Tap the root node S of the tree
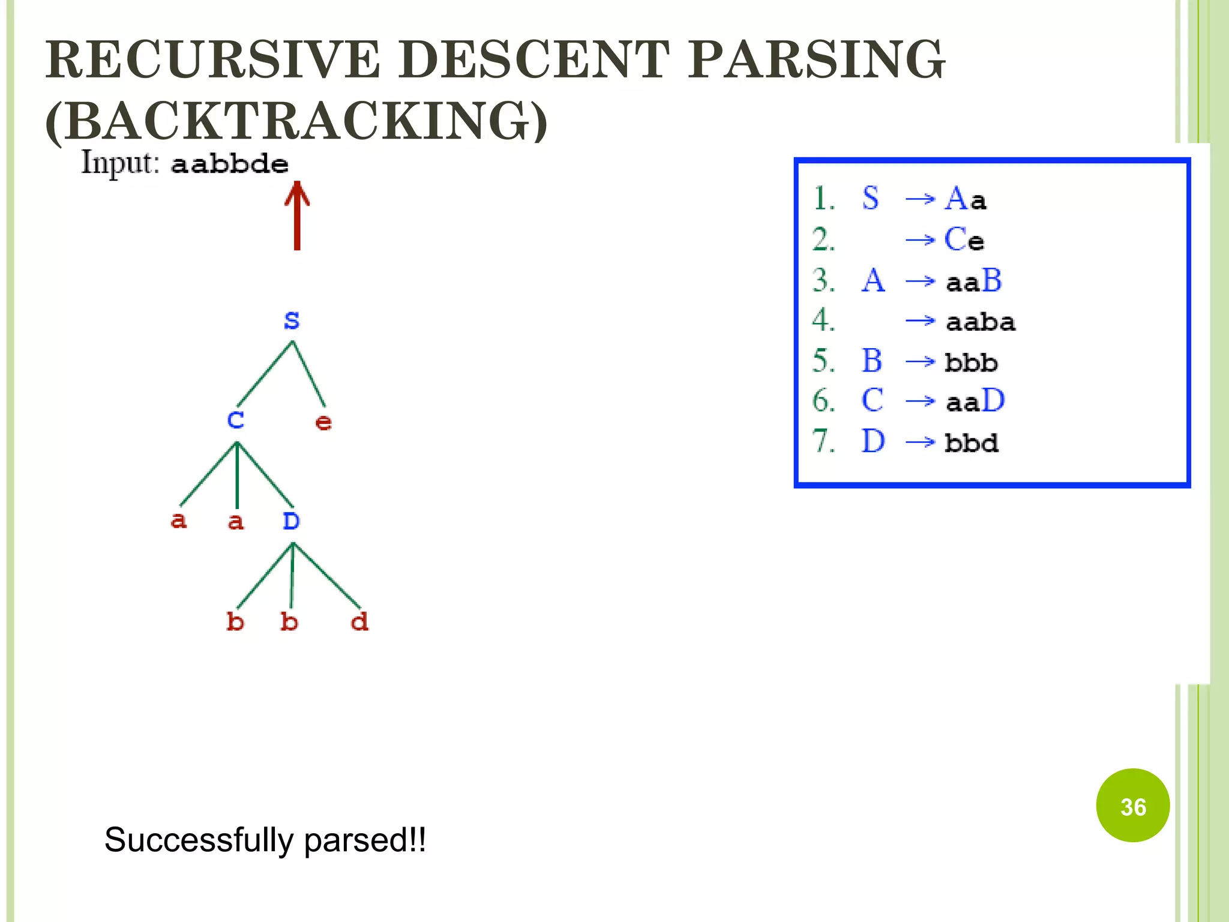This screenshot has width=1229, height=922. pos(292,320)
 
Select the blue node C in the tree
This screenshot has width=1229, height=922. pos(236,420)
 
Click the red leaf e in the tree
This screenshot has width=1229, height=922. pos(323,422)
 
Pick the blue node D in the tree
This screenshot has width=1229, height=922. pos(291,521)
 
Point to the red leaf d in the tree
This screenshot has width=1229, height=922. pos(359,621)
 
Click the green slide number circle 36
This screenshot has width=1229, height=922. pos(1132,806)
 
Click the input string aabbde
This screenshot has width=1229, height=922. pos(229,164)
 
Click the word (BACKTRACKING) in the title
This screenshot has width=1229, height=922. pos(296,121)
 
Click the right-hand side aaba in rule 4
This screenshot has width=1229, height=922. pos(980,322)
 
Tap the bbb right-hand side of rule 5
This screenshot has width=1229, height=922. pos(971,363)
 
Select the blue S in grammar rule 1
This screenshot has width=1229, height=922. pos(870,198)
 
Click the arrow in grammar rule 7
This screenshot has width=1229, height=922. pos(920,442)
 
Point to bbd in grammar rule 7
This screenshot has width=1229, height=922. pos(971,443)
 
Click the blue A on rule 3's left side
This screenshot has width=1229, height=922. pos(873,280)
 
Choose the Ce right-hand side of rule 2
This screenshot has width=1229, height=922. pos(964,240)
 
